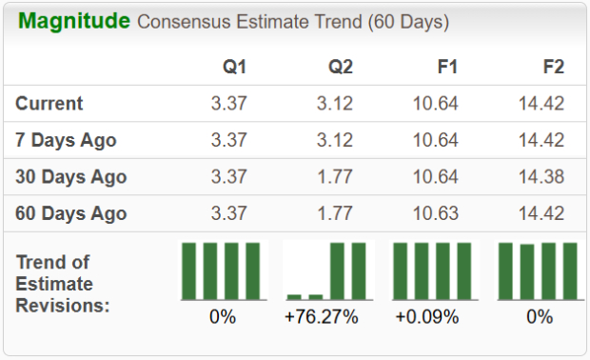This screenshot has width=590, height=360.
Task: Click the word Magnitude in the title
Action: pyautogui.click(x=73, y=21)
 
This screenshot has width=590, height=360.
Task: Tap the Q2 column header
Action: pyautogui.click(x=340, y=67)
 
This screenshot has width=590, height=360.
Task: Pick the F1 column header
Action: pyautogui.click(x=446, y=67)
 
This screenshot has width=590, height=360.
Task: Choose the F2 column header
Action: pyautogui.click(x=552, y=67)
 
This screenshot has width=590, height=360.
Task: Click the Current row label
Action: pyautogui.click(x=49, y=104)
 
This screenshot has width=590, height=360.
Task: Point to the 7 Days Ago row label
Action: pyautogui.click(x=66, y=140)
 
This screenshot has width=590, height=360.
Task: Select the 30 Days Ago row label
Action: pyautogui.click(x=71, y=177)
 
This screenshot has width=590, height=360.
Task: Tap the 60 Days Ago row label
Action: pyautogui.click(x=71, y=213)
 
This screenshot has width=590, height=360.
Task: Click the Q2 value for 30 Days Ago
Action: pyautogui.click(x=335, y=177)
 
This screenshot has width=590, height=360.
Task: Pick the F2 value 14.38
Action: pyautogui.click(x=541, y=177)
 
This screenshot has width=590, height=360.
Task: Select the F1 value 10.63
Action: pyautogui.click(x=436, y=213)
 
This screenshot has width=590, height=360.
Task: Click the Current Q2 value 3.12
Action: pyautogui.click(x=335, y=104)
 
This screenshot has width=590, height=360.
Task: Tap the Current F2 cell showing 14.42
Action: pyautogui.click(x=541, y=104)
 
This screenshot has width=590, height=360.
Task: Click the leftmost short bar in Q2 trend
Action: pyautogui.click(x=294, y=296)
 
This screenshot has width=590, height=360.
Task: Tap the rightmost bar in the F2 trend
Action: pyautogui.click(x=570, y=271)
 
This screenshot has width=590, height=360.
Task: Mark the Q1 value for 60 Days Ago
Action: pyautogui.click(x=229, y=213)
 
